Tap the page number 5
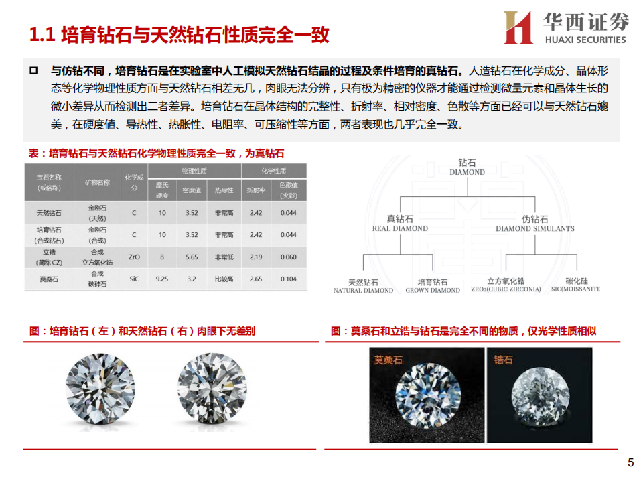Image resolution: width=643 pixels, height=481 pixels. [630, 463]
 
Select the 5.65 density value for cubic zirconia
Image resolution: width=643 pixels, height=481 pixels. [192, 257]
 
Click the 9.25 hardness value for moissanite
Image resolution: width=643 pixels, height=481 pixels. [161, 279]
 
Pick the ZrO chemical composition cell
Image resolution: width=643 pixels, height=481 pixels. [134, 257]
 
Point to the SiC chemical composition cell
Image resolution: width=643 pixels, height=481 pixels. [134, 279]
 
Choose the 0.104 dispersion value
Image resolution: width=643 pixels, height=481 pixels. [288, 279]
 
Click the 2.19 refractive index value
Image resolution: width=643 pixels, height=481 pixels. [255, 257]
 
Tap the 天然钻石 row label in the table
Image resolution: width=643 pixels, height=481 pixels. [49, 213]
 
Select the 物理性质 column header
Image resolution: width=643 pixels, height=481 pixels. [194, 171]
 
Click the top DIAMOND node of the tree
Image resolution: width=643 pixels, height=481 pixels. [467, 167]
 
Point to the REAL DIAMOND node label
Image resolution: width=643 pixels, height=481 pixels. [400, 224]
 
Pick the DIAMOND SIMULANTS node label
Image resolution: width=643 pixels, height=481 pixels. [534, 224]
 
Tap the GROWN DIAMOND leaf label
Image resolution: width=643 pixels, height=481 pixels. [433, 286]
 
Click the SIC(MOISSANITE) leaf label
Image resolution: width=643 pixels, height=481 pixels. [575, 285]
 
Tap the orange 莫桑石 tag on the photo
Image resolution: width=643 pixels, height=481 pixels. [388, 360]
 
